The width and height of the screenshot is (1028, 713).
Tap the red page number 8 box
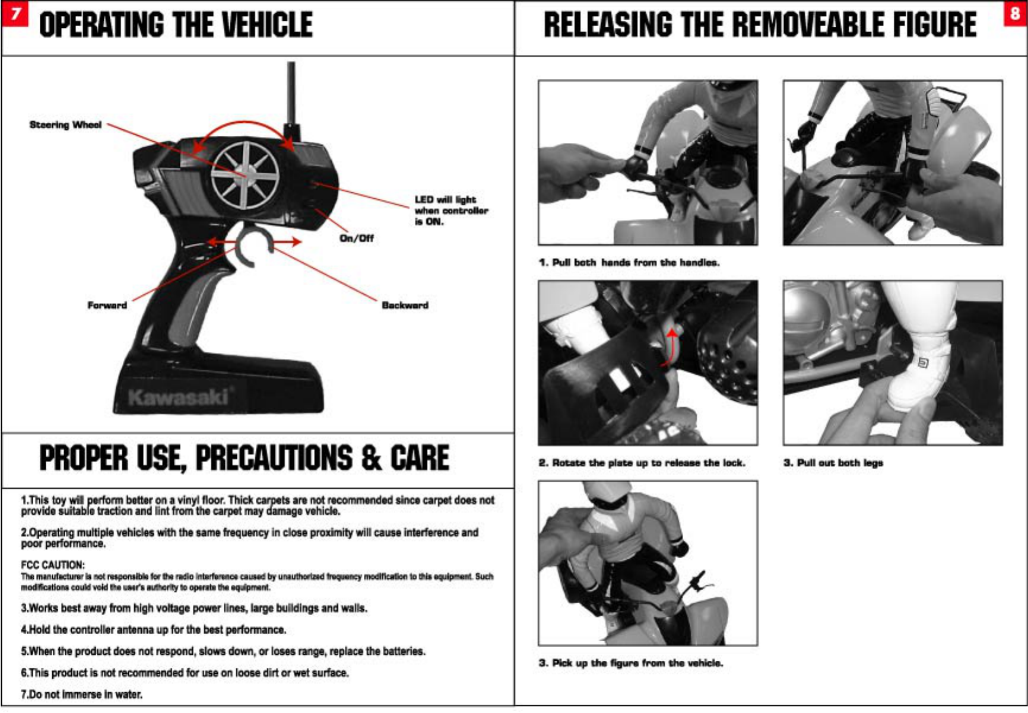pos(1015,14)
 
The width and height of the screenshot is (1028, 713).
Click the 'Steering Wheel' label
pos(65,125)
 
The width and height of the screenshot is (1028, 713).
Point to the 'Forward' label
pos(107,305)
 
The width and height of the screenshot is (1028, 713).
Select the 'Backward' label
pos(405,305)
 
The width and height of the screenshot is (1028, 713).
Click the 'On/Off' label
pos(356,238)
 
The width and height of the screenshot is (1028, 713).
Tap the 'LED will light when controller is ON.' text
pos(450,211)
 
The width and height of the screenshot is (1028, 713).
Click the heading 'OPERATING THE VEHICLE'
pos(176,25)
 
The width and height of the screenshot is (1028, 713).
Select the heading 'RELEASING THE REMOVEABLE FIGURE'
pos(760,25)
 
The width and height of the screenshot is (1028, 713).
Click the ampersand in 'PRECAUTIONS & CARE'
pos(371,459)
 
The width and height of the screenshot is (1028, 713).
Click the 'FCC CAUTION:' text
pos(53,565)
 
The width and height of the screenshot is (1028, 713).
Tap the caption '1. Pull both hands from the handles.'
pos(629,263)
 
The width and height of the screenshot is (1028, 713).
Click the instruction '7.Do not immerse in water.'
pos(82,694)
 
